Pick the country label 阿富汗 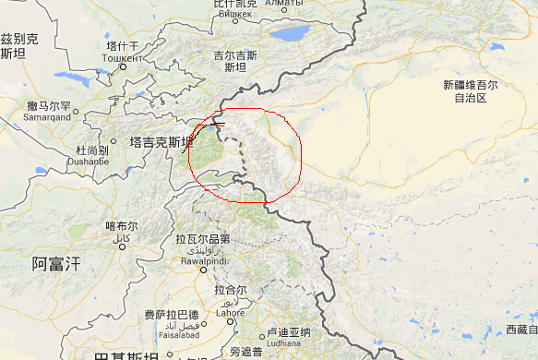(56, 264)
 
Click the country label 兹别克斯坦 (18, 45)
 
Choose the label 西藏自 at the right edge (520, 330)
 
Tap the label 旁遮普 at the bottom (246, 353)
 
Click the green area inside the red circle (208, 148)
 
